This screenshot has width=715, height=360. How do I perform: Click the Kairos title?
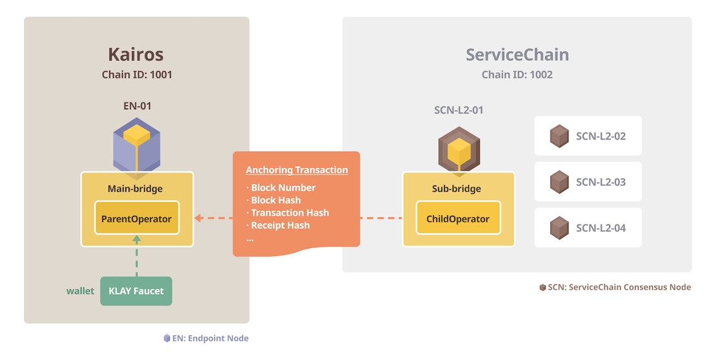coord(135,54)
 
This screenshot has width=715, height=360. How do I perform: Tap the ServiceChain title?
coord(517,55)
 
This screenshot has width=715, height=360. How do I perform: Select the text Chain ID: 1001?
coord(137,75)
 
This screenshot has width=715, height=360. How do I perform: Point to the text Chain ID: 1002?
coord(517,75)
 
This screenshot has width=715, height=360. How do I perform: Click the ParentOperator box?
coord(136,218)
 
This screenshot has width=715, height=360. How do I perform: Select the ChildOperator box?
coord(458,218)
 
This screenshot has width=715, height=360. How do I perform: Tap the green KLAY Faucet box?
coord(136,291)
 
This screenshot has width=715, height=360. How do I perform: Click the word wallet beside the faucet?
coord(80,291)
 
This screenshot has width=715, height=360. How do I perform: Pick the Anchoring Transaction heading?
coord(297,170)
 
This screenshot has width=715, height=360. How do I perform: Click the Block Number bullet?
coord(281,187)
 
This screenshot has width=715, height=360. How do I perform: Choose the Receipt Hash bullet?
coord(278,225)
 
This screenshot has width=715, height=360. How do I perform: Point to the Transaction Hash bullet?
coord(287,213)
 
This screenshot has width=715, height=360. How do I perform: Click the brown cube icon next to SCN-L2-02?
coord(559,136)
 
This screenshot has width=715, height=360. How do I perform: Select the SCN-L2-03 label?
coord(601,182)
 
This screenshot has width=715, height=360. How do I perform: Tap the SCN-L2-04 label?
coord(601,228)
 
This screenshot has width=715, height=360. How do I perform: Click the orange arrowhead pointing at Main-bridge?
coord(198,218)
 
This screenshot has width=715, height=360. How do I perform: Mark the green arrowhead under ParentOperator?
coord(136,238)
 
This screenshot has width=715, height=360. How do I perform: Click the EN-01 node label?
coord(137,106)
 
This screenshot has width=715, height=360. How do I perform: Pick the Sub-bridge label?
coord(456,189)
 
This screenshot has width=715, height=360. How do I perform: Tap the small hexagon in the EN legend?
coord(167,338)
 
